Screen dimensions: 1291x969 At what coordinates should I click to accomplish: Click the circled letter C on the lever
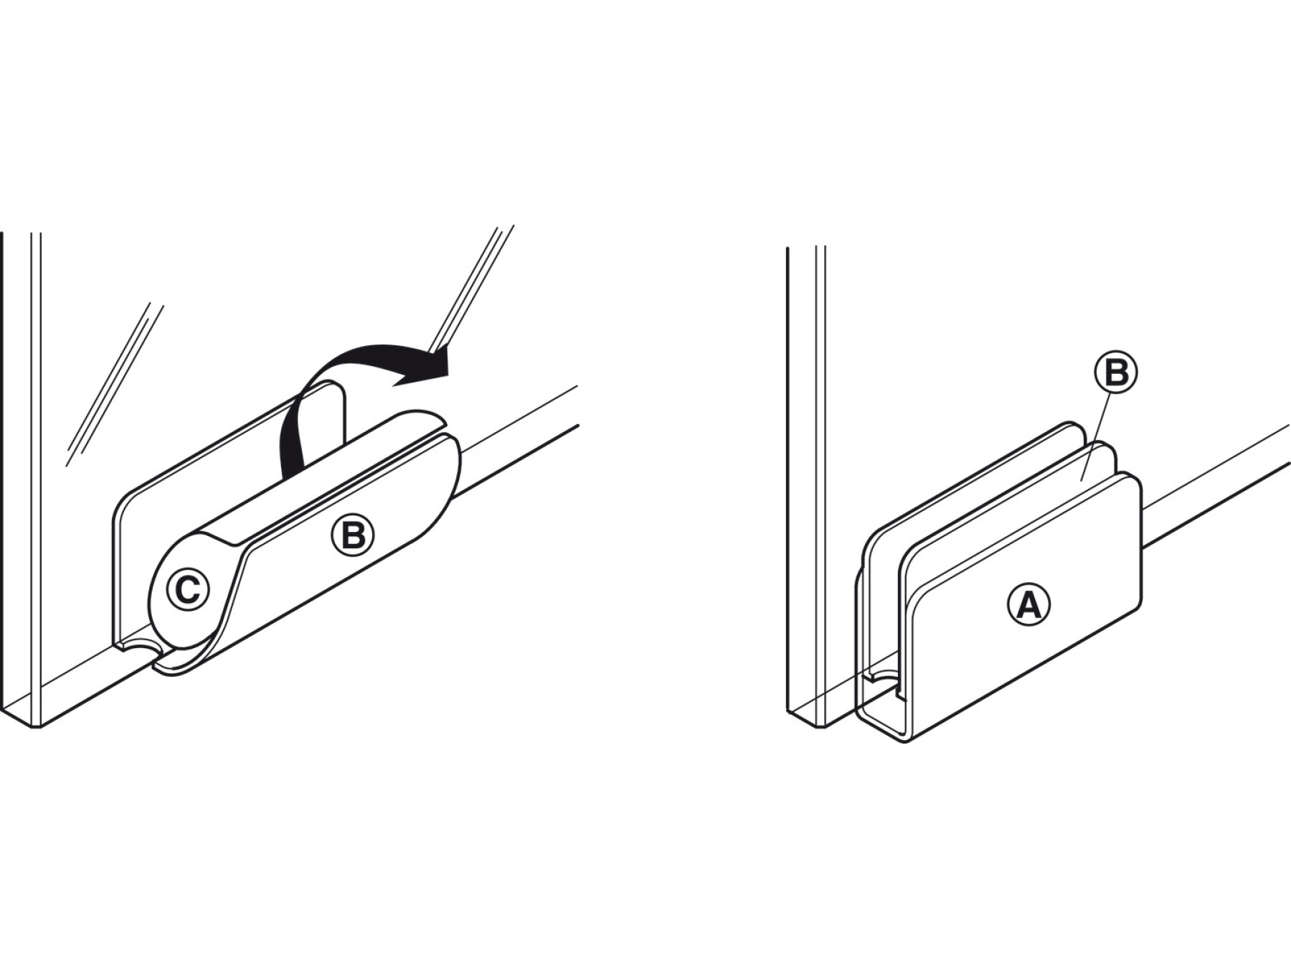[x=188, y=590]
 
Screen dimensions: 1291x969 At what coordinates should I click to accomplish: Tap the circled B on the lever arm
[x=353, y=535]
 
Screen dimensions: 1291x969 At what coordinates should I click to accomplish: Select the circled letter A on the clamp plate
[x=1028, y=604]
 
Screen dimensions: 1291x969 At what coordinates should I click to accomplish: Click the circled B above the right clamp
[x=1115, y=373]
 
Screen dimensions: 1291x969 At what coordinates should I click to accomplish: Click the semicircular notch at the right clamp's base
[x=884, y=678]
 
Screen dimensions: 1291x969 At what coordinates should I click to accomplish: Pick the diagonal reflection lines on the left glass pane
[x=115, y=385]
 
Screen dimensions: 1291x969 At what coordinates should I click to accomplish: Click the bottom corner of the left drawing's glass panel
[x=35, y=726]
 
